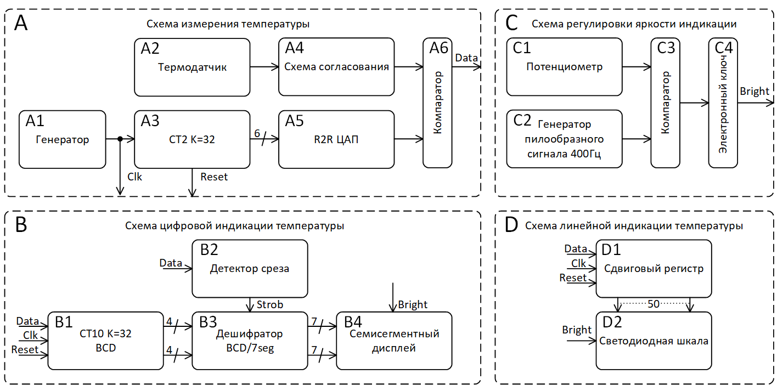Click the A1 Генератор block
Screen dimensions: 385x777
(x=62, y=139)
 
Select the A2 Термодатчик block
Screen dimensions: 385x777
(x=192, y=66)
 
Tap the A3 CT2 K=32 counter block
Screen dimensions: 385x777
(x=192, y=139)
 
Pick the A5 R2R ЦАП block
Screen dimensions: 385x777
(x=336, y=139)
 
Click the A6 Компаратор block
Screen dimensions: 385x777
(x=437, y=103)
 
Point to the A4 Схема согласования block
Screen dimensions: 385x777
(x=336, y=66)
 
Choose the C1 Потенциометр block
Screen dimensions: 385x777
(x=564, y=66)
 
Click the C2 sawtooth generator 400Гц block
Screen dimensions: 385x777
(x=564, y=139)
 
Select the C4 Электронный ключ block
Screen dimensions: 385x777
(x=723, y=103)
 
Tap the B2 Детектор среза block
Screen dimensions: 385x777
(x=249, y=269)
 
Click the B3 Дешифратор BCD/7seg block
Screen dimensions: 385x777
(x=249, y=341)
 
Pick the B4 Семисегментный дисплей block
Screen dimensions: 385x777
(x=394, y=341)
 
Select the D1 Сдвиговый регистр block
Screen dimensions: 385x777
(x=654, y=269)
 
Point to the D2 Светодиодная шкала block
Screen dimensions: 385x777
(x=654, y=341)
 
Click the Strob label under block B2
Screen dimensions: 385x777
(x=270, y=304)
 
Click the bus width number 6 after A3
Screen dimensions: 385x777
(x=257, y=133)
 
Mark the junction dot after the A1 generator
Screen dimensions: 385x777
(x=120, y=139)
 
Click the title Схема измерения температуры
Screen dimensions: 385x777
(x=228, y=24)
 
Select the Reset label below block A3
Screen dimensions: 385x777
(x=214, y=177)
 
